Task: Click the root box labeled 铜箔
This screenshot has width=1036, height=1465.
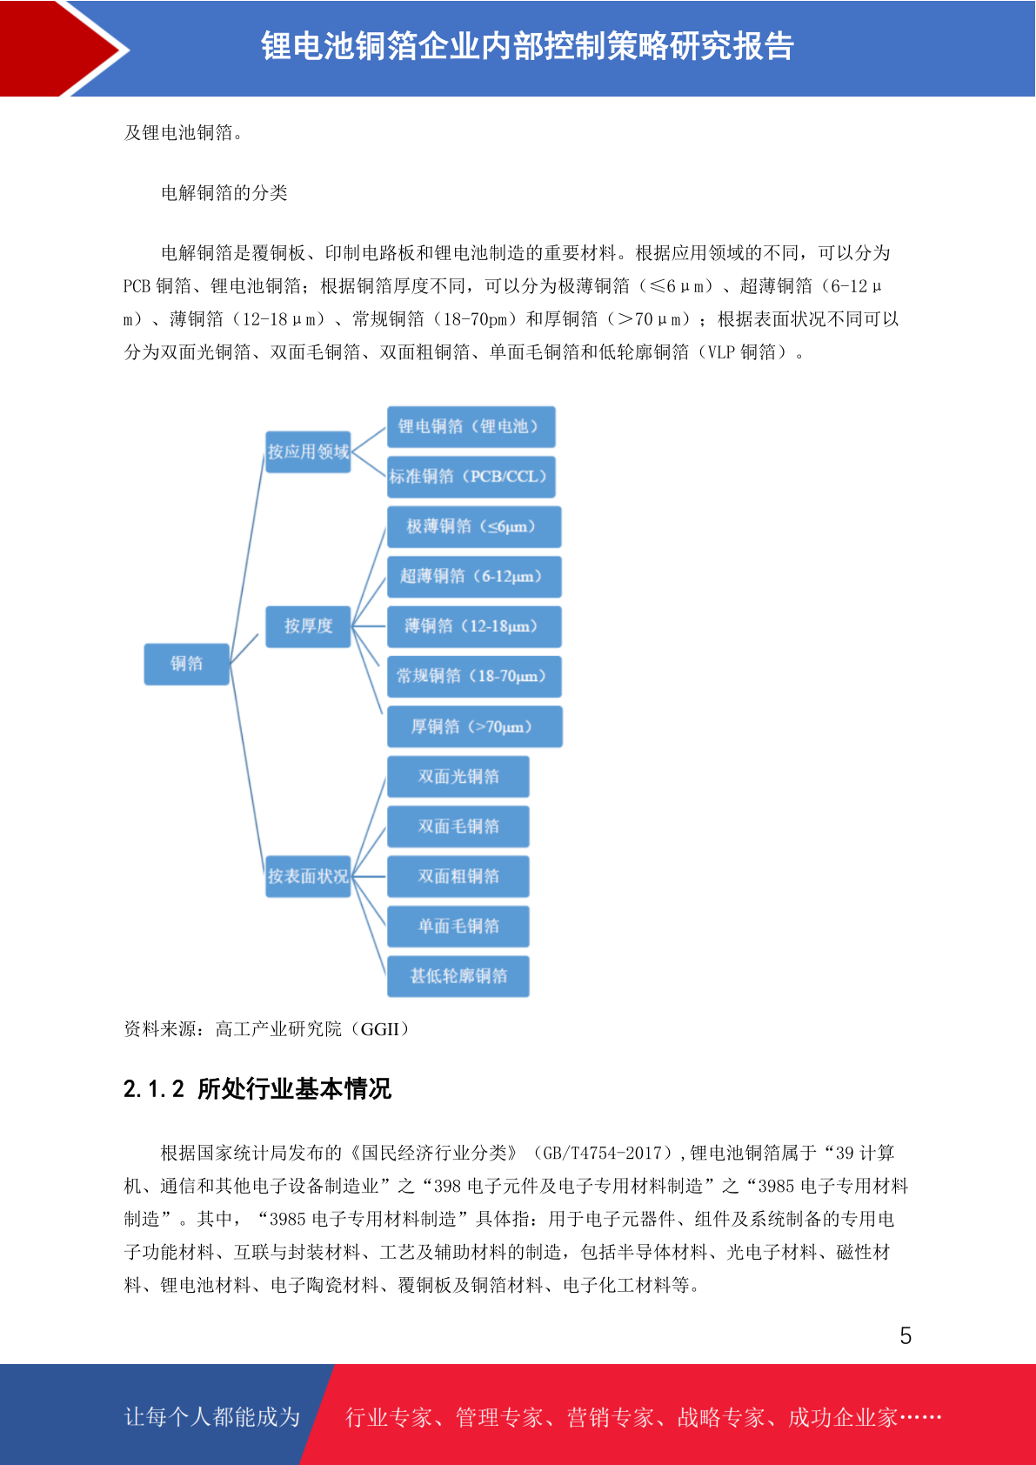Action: point(186,664)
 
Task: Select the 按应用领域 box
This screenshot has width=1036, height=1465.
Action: point(308,452)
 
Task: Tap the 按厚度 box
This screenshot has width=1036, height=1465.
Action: point(308,625)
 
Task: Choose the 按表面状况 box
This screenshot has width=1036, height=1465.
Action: point(308,876)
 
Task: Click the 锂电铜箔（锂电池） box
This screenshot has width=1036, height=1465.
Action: point(471,426)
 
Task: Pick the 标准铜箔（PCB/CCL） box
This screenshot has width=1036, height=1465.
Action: point(471,477)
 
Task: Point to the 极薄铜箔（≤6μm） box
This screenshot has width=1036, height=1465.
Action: point(474,526)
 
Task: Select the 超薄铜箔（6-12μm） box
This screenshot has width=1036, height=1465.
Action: point(474,576)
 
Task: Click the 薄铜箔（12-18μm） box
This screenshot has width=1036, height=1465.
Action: point(474,625)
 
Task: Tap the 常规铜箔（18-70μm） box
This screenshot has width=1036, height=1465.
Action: point(474,676)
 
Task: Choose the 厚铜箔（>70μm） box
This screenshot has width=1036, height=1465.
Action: point(475,726)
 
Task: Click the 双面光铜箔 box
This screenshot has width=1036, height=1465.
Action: point(458,776)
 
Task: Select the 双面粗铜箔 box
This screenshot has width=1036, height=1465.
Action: point(458,876)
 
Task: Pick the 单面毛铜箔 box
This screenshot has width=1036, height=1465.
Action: point(458,926)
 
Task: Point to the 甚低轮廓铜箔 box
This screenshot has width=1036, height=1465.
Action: point(458,976)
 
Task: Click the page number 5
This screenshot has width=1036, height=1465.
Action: point(906,1335)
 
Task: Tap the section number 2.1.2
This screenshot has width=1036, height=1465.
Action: point(154,1089)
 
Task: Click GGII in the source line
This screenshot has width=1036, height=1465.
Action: point(380,1029)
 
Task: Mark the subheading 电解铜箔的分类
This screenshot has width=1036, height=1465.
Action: point(224,193)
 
